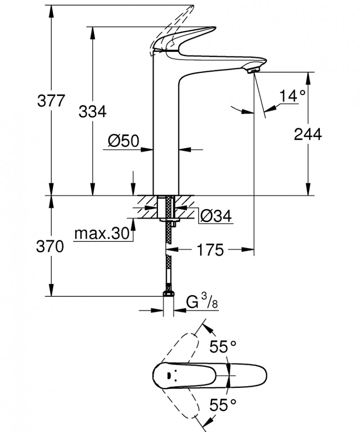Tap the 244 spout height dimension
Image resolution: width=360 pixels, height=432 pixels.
308,134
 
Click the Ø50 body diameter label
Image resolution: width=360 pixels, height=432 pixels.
122,141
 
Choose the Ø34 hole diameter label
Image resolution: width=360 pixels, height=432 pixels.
215,217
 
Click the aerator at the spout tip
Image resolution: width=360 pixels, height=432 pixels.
253,69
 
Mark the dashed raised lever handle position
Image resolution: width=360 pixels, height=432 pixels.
175,23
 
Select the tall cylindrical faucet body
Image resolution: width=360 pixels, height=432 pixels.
166,135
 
